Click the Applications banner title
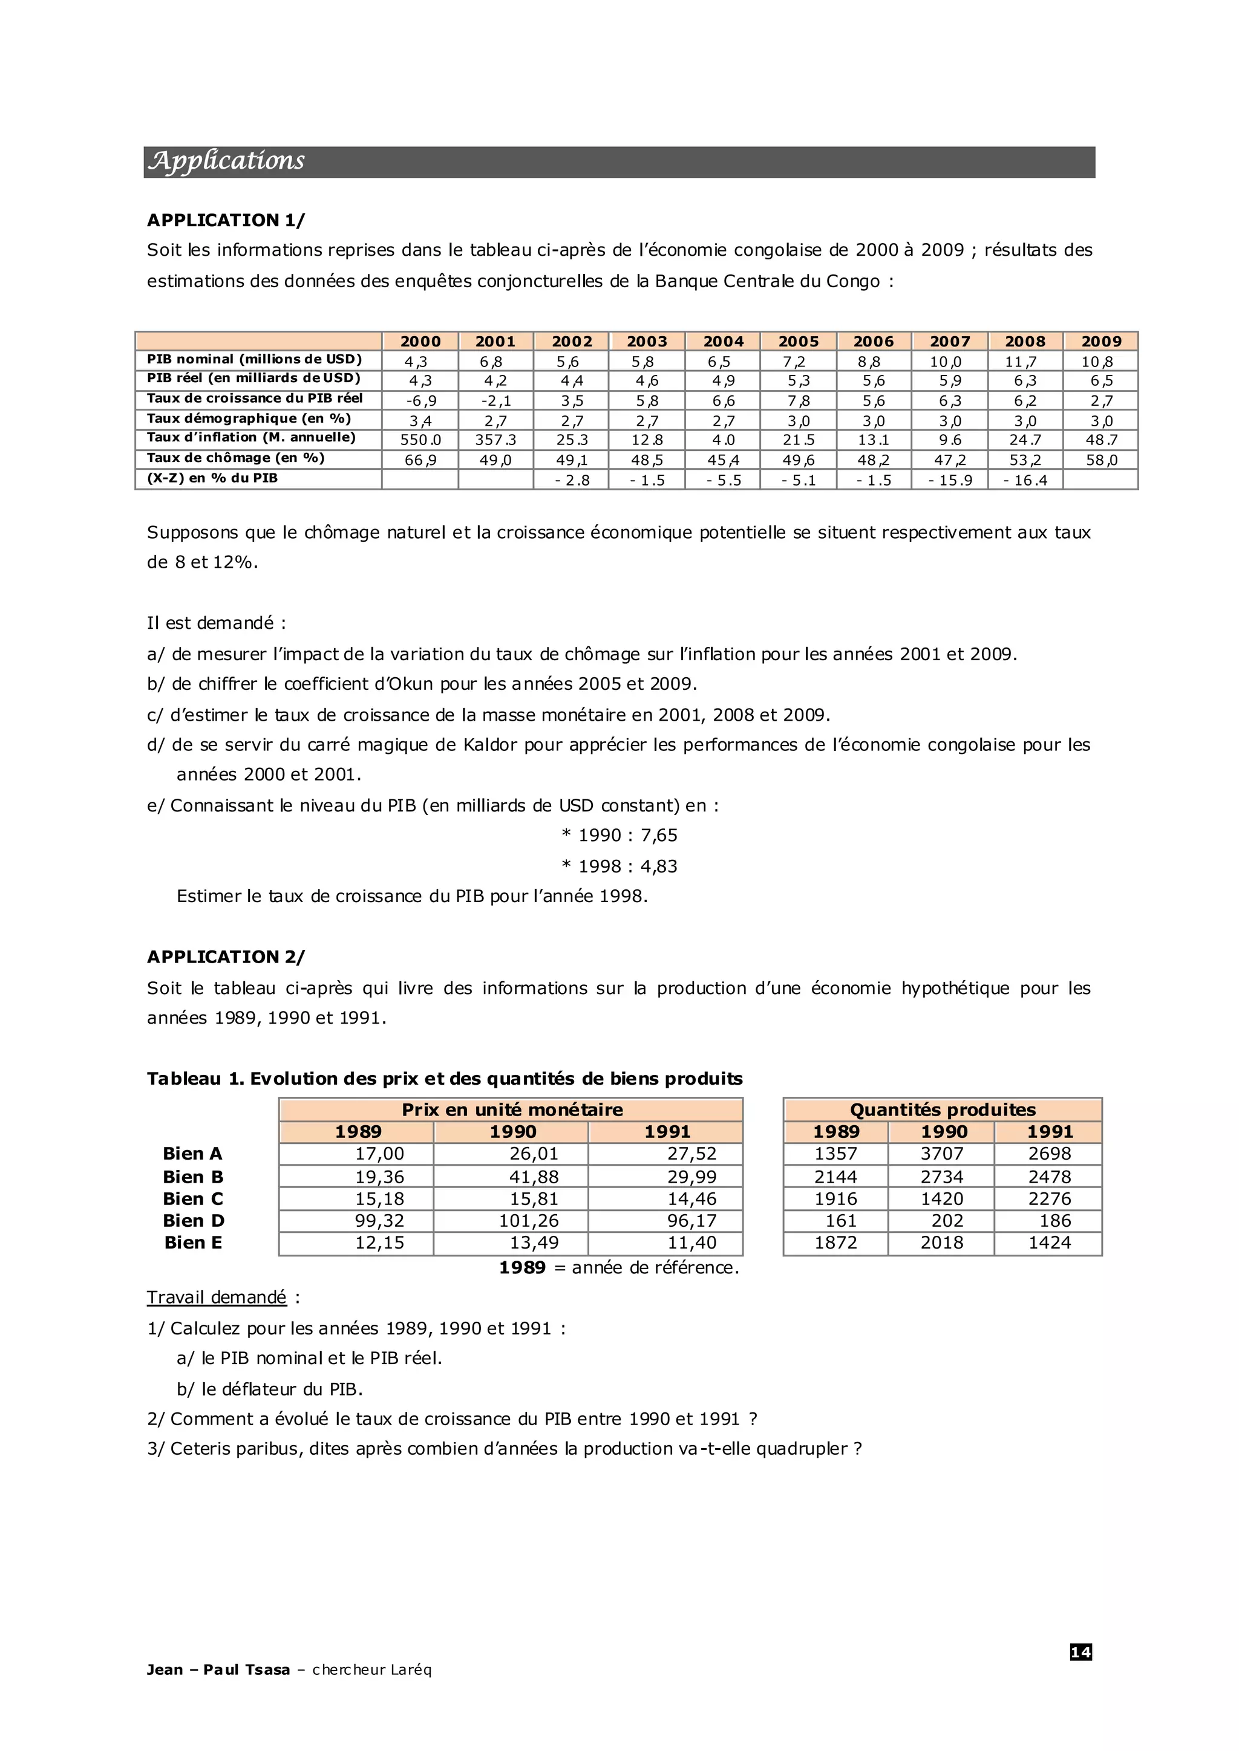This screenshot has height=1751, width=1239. point(227,161)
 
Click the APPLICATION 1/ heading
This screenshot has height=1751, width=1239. point(226,221)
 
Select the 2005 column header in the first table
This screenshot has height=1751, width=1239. point(798,342)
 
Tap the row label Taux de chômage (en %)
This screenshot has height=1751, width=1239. point(236,458)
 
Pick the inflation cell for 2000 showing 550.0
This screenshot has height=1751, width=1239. point(420,440)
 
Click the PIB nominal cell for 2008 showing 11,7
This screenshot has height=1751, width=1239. point(1025,362)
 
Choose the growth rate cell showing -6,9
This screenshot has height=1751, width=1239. point(420,401)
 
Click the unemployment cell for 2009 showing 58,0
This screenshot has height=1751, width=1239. point(1101,460)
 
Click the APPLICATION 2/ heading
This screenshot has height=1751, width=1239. point(226,957)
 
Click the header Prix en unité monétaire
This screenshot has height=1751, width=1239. point(512,1109)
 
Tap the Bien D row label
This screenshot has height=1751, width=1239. point(194,1221)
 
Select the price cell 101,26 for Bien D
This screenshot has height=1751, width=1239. point(529,1221)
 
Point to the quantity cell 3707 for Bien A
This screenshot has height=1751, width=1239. point(941,1154)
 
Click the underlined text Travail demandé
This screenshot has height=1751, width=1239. point(217,1298)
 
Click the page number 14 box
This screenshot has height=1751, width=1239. point(1080,1652)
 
